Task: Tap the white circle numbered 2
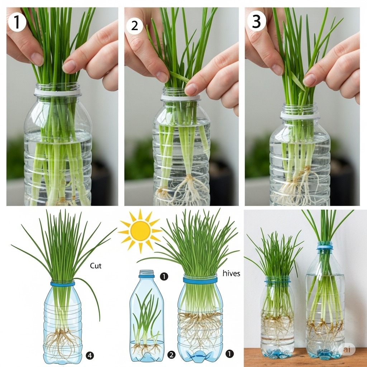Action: tap(135, 26)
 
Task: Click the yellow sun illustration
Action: tap(140, 231)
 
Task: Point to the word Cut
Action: tap(96, 266)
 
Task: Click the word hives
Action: tap(231, 273)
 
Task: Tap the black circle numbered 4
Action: tap(90, 356)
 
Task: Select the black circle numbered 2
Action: tap(171, 355)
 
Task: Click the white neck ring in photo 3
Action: tap(300, 115)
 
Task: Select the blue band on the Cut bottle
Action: tap(62, 284)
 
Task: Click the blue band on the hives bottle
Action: tap(200, 280)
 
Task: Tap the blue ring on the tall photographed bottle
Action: tap(325, 247)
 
